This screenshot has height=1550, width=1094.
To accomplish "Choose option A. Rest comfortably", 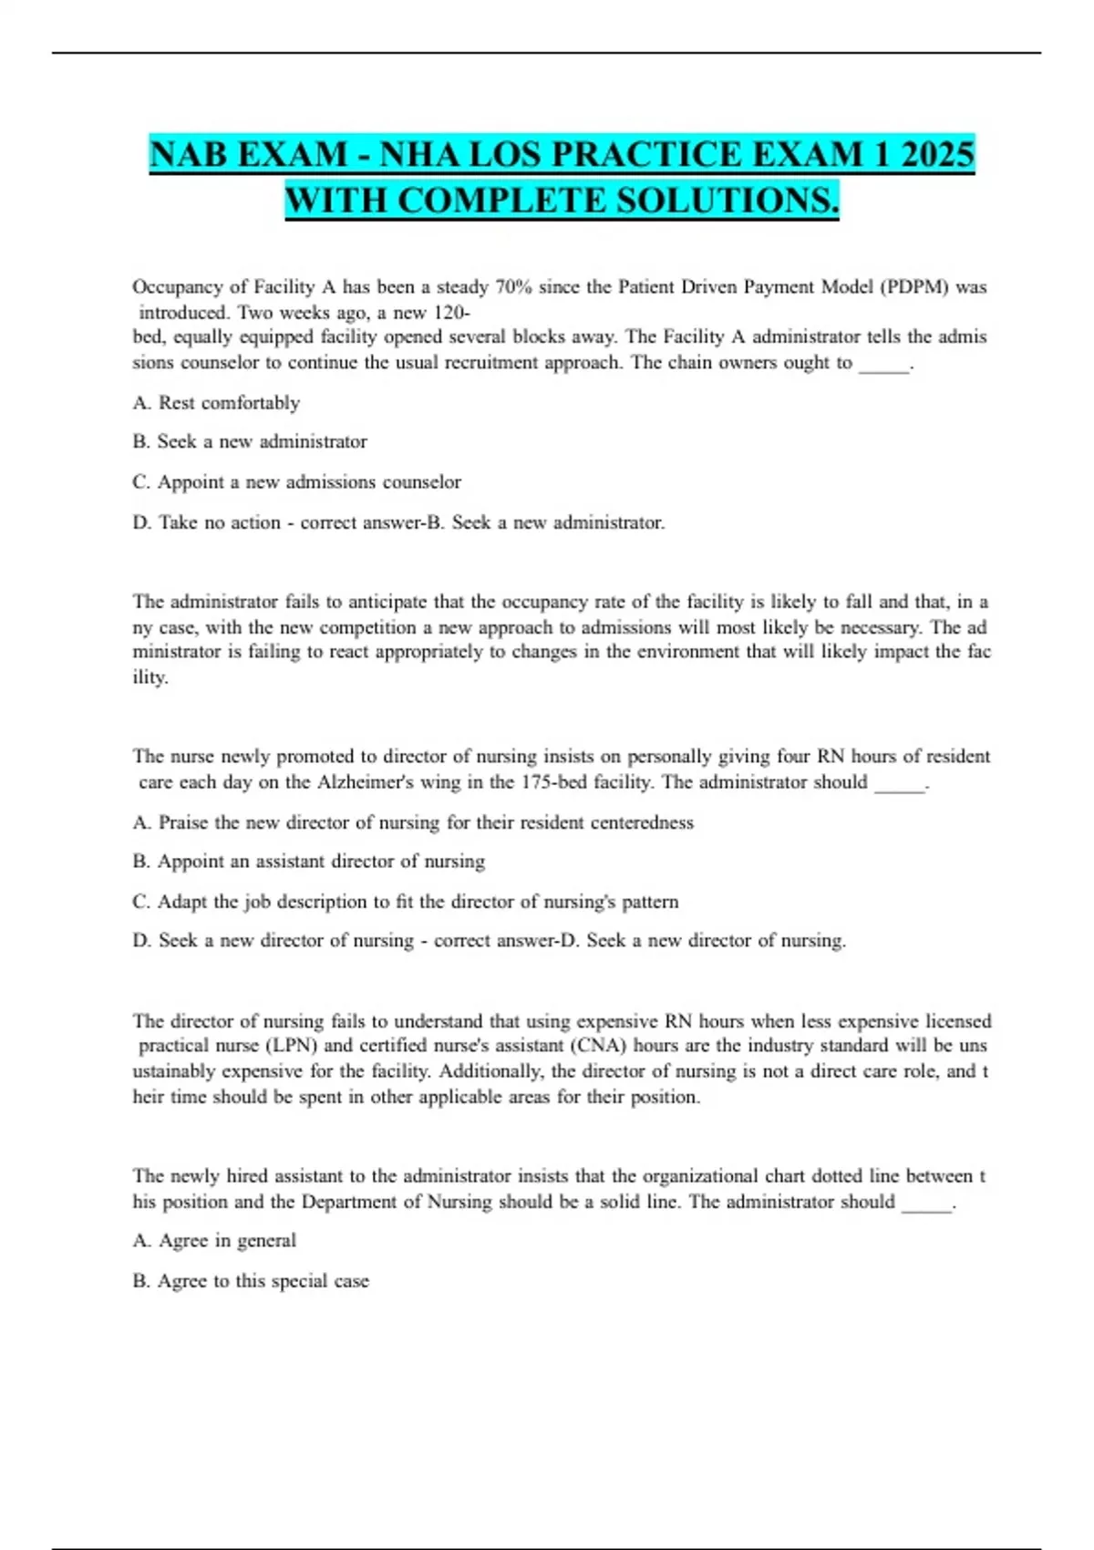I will click(x=216, y=402).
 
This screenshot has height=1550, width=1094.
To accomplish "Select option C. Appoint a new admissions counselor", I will click(x=296, y=481).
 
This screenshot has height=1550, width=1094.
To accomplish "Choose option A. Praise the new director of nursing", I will click(x=412, y=821).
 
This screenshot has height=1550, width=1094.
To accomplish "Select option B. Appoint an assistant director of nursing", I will click(x=308, y=861).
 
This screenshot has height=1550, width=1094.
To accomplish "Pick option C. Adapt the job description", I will click(x=405, y=901).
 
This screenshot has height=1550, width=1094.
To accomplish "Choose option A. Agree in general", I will click(x=214, y=1240).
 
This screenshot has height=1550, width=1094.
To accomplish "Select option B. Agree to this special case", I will click(x=251, y=1280).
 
